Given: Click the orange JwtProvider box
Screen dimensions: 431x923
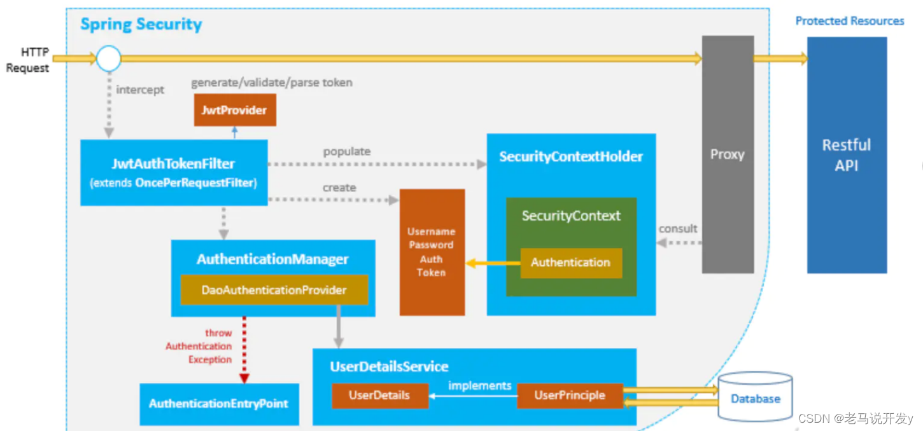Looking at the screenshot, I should (x=234, y=111).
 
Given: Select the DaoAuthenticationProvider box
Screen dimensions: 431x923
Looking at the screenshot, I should (x=274, y=290).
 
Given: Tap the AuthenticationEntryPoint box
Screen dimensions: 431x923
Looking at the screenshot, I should (x=218, y=404).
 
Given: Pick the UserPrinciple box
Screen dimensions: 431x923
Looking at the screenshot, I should (x=569, y=395).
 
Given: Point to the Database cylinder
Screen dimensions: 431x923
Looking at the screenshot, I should (x=755, y=399).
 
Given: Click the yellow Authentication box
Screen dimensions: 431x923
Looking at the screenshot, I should (x=570, y=263).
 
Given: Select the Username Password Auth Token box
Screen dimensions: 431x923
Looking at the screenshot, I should (x=432, y=252).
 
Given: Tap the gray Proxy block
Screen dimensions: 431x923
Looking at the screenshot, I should (x=727, y=154).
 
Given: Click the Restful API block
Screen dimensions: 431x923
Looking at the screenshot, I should (x=846, y=155).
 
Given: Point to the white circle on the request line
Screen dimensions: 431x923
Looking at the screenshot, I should (x=109, y=58).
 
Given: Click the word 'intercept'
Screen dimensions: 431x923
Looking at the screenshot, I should (x=140, y=90).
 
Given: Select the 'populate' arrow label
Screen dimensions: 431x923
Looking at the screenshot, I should (x=346, y=151).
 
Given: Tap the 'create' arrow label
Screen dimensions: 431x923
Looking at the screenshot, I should (x=339, y=188).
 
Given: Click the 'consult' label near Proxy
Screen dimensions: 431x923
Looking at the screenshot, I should (x=678, y=228).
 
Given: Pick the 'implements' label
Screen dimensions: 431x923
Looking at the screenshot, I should (x=479, y=385).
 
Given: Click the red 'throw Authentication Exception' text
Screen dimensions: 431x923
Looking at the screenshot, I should (x=199, y=346).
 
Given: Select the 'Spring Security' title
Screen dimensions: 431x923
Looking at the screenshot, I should (x=141, y=25).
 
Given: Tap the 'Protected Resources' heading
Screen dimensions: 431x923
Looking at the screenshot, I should (x=849, y=21).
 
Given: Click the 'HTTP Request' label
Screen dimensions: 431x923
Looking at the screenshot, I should (x=27, y=60).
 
